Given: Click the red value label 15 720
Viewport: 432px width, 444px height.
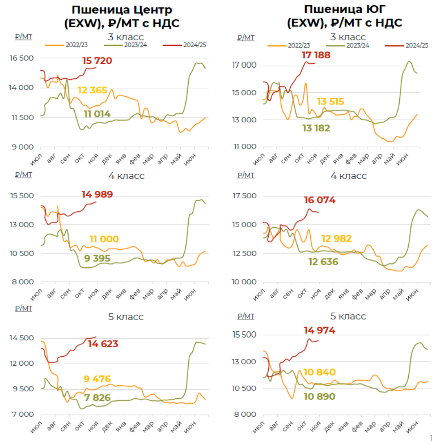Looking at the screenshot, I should (x=97, y=61).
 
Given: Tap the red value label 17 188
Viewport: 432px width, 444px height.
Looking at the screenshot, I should (x=316, y=55).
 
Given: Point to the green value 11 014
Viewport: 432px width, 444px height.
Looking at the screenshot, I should (x=97, y=114).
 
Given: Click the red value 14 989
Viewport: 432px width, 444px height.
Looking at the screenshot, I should (x=97, y=194).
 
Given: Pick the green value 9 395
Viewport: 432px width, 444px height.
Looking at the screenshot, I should (x=97, y=259).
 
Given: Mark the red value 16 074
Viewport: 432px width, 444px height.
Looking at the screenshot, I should (x=320, y=200).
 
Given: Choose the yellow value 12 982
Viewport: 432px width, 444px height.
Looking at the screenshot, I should (x=337, y=239).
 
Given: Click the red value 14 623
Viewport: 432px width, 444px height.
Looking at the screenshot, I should (x=103, y=344).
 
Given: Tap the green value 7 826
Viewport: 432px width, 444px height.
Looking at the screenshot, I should (x=97, y=398).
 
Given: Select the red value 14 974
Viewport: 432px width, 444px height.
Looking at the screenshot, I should (x=320, y=330).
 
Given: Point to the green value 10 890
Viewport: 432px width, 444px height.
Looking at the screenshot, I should (x=320, y=396).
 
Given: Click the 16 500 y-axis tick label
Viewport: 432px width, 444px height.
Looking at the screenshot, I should (x=22, y=58).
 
